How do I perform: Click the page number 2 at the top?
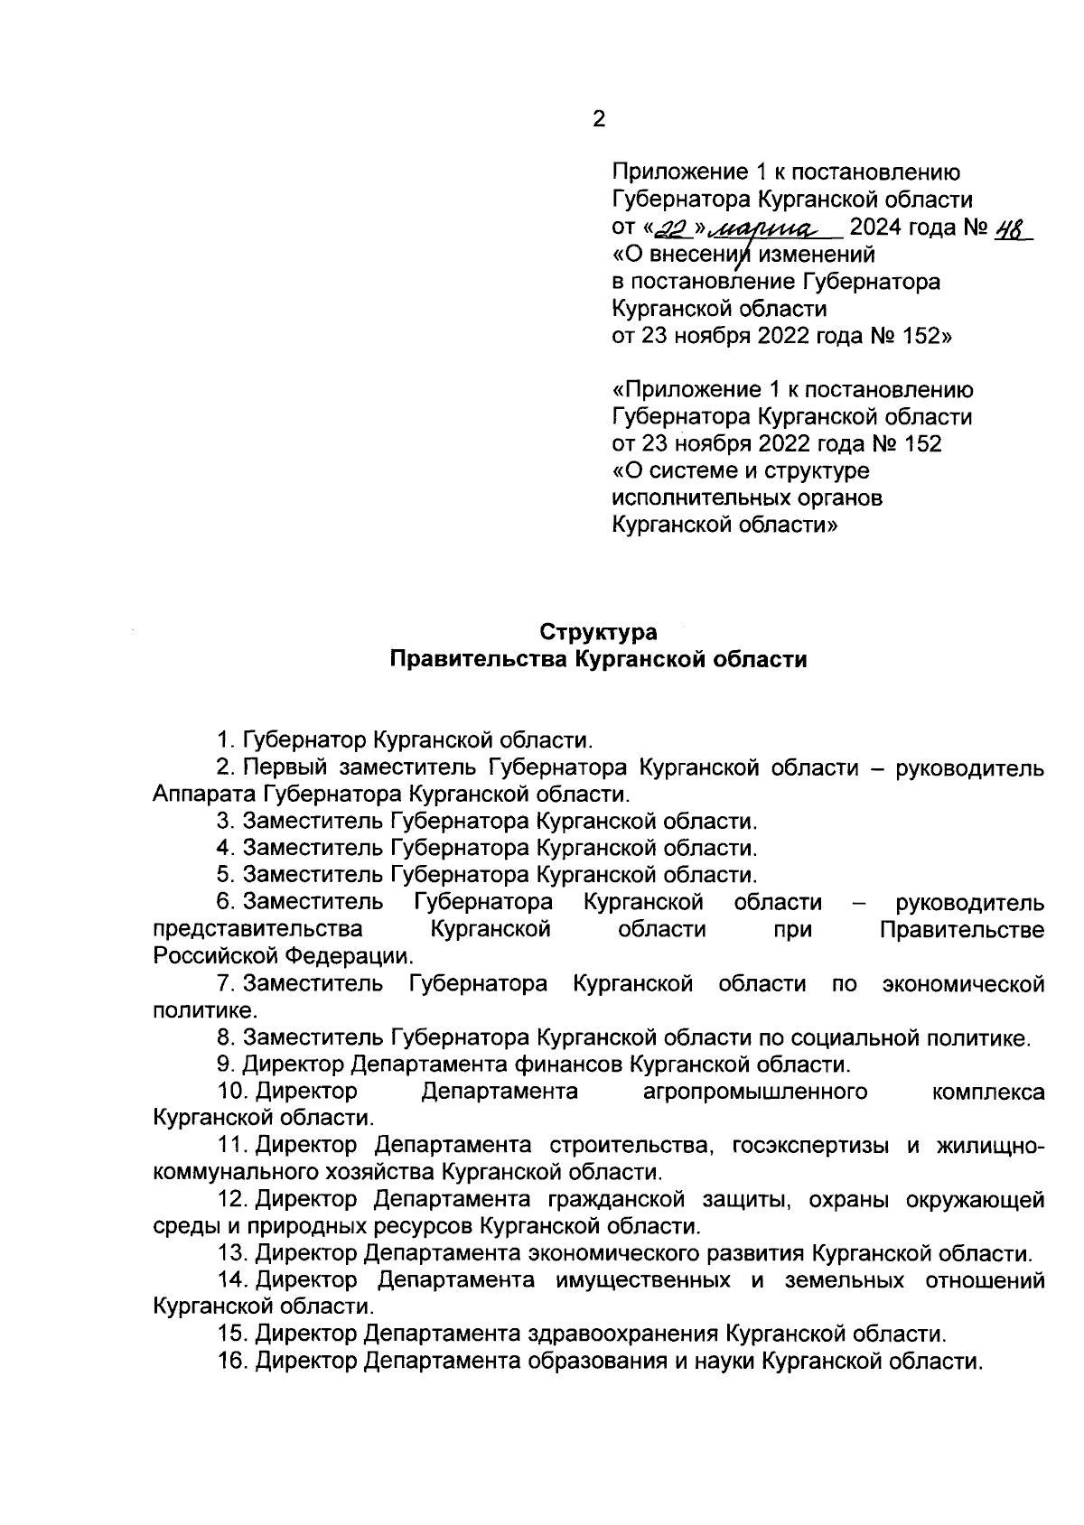[598, 119]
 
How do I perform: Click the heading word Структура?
[598, 632]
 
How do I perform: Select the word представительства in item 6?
[258, 929]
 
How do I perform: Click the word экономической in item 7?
[963, 983]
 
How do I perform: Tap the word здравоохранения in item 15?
[621, 1334]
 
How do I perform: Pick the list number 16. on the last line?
[233, 1361]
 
